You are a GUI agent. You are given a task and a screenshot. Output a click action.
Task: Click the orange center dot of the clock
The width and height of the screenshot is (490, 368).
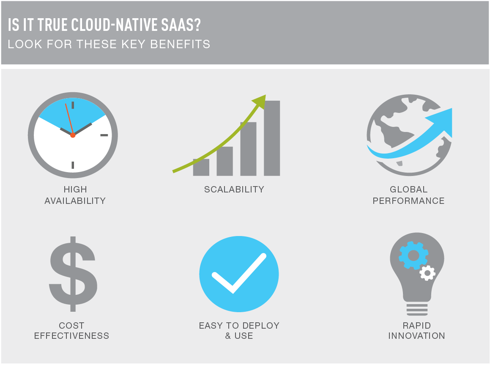click(73, 135)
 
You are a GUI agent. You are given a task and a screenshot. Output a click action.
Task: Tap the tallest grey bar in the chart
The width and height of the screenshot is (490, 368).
click(272, 138)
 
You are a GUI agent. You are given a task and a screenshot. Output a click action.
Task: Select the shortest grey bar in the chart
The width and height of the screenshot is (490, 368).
click(201, 167)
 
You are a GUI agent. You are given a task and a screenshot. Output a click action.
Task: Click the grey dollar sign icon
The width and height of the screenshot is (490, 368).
click(73, 274)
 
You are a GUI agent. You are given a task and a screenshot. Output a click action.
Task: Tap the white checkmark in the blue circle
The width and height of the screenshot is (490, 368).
click(239, 273)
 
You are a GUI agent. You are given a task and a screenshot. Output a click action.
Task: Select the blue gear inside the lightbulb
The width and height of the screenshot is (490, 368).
click(413, 255)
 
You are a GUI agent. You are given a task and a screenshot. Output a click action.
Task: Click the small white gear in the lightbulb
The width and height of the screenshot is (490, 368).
click(427, 273)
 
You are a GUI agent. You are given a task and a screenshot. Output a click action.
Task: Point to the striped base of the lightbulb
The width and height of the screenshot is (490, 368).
click(417, 309)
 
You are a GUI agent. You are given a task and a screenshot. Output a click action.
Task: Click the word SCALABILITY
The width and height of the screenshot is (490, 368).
click(234, 189)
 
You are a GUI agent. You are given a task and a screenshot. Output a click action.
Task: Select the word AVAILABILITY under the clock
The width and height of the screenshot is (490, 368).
click(75, 201)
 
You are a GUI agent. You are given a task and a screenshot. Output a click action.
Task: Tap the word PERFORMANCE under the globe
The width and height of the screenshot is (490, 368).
click(408, 201)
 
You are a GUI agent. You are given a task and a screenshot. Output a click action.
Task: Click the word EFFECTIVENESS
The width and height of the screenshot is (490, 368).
click(71, 336)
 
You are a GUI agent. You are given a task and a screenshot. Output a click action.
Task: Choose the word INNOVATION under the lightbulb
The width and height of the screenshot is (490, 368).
click(416, 336)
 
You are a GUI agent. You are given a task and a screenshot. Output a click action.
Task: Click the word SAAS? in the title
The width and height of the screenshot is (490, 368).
click(181, 25)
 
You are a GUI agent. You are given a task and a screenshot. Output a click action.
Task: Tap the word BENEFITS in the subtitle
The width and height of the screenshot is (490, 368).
click(180, 44)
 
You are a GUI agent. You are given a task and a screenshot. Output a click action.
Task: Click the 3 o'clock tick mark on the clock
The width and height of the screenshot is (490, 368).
click(104, 135)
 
